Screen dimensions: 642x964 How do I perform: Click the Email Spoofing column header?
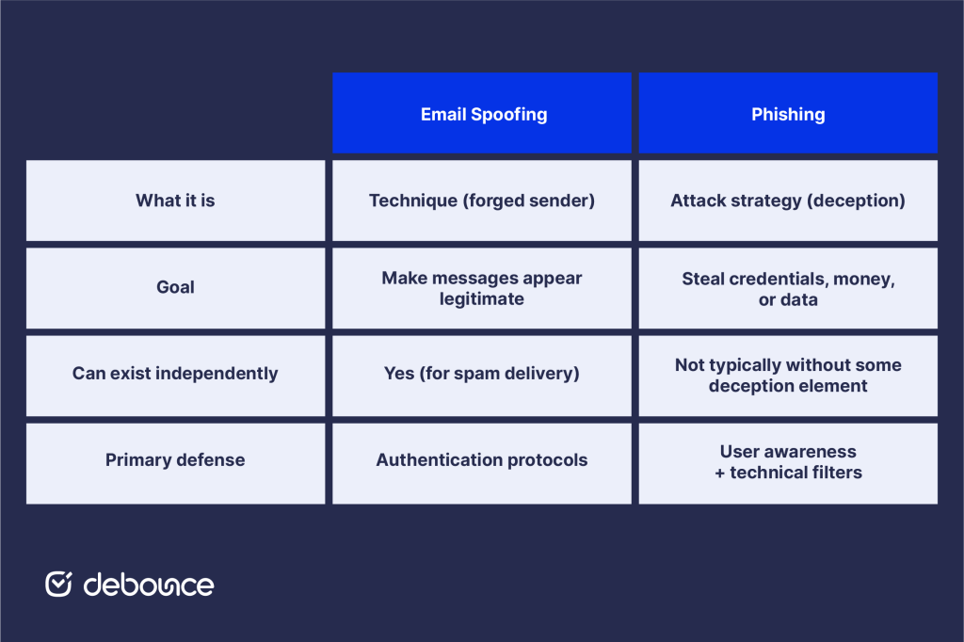(482, 114)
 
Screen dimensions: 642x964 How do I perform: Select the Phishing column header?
(788, 114)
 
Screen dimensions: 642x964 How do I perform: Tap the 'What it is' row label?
(175, 201)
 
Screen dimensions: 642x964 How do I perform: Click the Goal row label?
(175, 288)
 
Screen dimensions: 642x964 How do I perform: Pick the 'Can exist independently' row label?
(175, 374)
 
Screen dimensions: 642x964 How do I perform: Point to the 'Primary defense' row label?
(175, 460)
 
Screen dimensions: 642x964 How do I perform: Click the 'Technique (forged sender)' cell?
(482, 201)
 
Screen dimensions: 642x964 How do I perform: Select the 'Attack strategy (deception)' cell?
(788, 201)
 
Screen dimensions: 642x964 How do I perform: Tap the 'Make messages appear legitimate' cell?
(482, 288)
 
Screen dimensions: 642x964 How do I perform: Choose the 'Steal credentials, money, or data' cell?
(788, 288)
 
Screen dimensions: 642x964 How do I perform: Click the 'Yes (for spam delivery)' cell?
(482, 374)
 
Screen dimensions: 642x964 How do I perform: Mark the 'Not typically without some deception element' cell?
(788, 375)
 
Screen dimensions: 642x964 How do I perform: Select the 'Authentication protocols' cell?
(482, 460)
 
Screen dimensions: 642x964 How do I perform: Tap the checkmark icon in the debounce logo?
(58, 584)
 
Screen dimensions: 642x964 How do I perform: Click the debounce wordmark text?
(149, 585)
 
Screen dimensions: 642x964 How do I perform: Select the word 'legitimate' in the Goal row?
(482, 298)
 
